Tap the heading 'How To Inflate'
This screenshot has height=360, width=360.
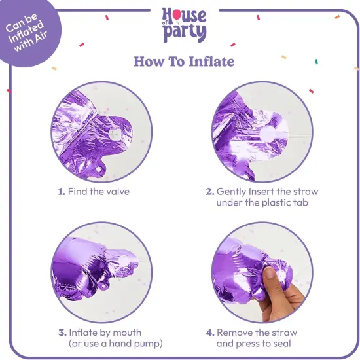(184, 62)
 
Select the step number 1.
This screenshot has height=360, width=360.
(61, 192)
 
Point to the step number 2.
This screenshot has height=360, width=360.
(210, 192)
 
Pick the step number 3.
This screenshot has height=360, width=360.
(61, 333)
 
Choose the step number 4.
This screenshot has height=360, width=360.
(210, 333)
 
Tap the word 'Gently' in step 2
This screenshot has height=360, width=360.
(233, 192)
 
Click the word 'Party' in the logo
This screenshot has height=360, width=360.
(189, 33)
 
